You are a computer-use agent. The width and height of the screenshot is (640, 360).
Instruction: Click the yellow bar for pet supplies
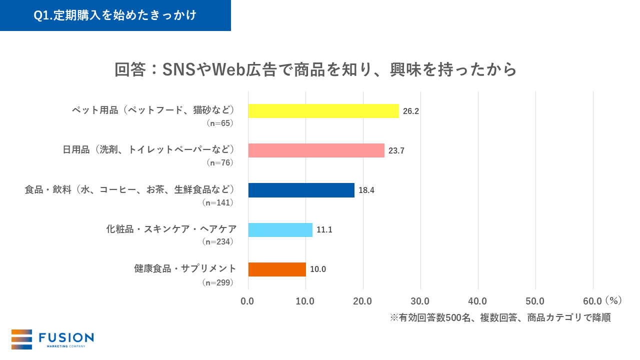click(323, 110)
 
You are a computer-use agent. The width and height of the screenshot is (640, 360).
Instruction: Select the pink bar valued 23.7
click(316, 150)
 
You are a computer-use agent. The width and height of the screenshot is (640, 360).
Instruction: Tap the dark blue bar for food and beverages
click(301, 190)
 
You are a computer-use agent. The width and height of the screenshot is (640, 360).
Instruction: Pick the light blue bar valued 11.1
click(280, 230)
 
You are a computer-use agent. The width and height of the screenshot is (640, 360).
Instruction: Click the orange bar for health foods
click(277, 269)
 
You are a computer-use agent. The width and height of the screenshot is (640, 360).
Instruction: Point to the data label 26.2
click(410, 111)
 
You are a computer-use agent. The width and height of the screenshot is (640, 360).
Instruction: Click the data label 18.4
click(366, 190)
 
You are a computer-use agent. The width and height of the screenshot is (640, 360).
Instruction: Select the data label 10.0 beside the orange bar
click(317, 269)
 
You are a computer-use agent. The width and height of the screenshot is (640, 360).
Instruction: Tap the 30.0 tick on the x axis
click(420, 301)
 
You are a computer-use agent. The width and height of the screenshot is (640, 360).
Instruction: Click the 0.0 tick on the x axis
click(247, 301)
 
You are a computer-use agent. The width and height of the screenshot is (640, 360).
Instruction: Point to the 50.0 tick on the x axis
click(535, 301)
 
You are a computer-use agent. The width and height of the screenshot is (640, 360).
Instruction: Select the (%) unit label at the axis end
click(613, 300)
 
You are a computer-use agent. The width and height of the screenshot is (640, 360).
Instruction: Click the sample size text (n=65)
click(220, 123)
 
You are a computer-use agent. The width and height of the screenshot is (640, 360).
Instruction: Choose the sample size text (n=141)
click(217, 202)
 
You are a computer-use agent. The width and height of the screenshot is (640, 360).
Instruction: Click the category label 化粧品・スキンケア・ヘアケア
click(171, 229)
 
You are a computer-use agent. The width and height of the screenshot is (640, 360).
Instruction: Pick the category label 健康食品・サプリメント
click(185, 269)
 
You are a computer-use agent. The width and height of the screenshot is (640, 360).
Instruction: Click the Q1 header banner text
click(115, 15)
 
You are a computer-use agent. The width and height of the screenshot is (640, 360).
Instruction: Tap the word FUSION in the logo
click(66, 337)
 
